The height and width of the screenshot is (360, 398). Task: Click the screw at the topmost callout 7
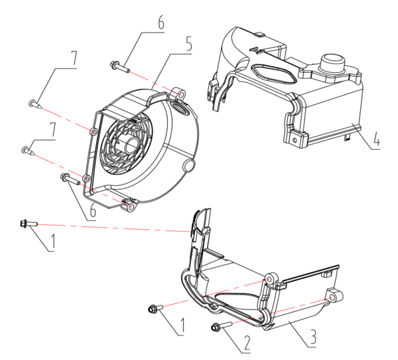33,103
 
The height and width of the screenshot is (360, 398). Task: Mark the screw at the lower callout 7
27,150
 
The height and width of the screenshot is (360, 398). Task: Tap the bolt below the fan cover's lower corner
70,178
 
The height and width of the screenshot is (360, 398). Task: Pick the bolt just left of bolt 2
155,308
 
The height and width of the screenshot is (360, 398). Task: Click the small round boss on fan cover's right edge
189,163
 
